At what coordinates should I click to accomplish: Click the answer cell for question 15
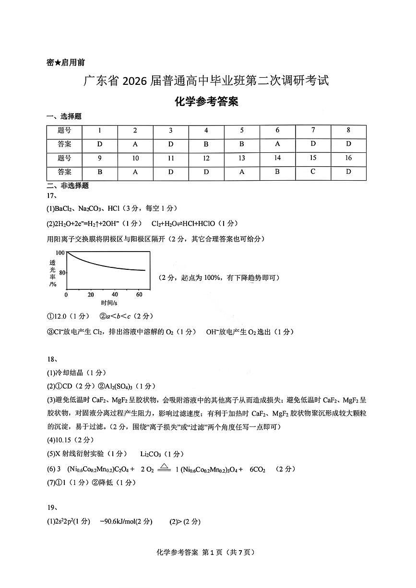pyautogui.click(x=313, y=172)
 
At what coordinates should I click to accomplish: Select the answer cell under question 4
pyautogui.click(x=206, y=144)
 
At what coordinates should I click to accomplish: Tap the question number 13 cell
pyautogui.click(x=242, y=158)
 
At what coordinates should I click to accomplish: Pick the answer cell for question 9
pyautogui.click(x=100, y=172)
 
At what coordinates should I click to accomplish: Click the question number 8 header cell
pyautogui.click(x=348, y=130)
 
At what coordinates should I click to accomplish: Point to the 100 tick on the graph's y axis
pyautogui.click(x=60, y=253)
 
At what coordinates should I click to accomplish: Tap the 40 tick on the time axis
pyautogui.click(x=115, y=295)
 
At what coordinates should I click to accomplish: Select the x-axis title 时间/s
pyautogui.click(x=109, y=303)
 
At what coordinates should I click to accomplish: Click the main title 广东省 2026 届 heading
pyautogui.click(x=206, y=81)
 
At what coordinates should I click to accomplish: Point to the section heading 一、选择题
pyautogui.click(x=64, y=116)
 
